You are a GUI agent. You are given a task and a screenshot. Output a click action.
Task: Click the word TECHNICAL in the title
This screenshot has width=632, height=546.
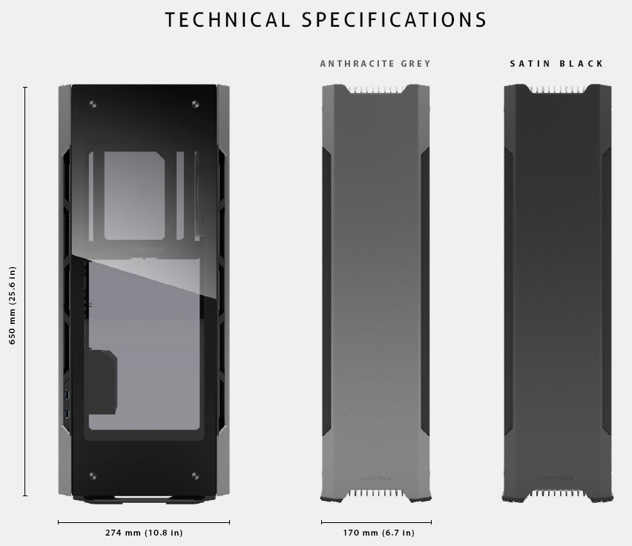click(x=227, y=19)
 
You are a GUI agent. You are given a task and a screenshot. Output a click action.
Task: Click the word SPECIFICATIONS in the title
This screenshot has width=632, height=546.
click(x=395, y=19)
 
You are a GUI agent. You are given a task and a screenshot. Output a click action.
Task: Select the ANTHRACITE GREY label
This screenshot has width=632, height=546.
click(x=375, y=64)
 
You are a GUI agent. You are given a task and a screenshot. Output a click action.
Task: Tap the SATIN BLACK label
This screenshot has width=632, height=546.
click(x=557, y=64)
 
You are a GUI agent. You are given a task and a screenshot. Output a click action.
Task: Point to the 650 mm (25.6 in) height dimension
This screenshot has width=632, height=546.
click(x=13, y=306)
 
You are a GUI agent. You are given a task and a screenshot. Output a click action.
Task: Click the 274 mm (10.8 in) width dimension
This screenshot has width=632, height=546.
click(x=144, y=533)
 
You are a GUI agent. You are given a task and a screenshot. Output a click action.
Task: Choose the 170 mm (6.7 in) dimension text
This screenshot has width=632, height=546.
click(x=379, y=533)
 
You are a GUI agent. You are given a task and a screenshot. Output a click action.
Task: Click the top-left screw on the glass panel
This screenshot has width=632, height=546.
click(x=92, y=104)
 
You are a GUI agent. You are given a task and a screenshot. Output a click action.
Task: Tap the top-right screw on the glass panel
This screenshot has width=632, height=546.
click(x=195, y=104)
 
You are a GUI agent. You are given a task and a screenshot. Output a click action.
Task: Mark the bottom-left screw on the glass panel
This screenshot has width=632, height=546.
click(x=92, y=475)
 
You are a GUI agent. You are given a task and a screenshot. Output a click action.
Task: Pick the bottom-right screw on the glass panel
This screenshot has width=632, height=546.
click(x=195, y=475)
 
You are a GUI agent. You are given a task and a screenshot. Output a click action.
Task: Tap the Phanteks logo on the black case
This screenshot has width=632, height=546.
click(x=556, y=478)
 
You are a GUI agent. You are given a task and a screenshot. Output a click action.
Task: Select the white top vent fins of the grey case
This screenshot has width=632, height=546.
click(x=376, y=89)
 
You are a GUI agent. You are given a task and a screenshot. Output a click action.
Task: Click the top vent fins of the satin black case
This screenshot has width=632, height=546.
click(x=558, y=89)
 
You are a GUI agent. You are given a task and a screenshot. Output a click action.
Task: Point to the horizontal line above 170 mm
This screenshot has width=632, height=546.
click(x=376, y=522)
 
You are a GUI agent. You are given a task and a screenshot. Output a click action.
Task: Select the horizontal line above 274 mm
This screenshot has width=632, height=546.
click(x=144, y=522)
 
